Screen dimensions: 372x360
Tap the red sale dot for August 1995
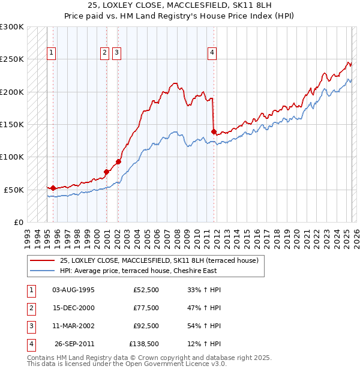pos(53,188)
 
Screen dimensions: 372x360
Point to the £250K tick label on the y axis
pos(12,59)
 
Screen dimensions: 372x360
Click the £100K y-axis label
pos(12,157)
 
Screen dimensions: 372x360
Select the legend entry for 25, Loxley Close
pos(158,261)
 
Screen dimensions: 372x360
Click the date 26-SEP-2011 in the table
pos(74,344)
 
